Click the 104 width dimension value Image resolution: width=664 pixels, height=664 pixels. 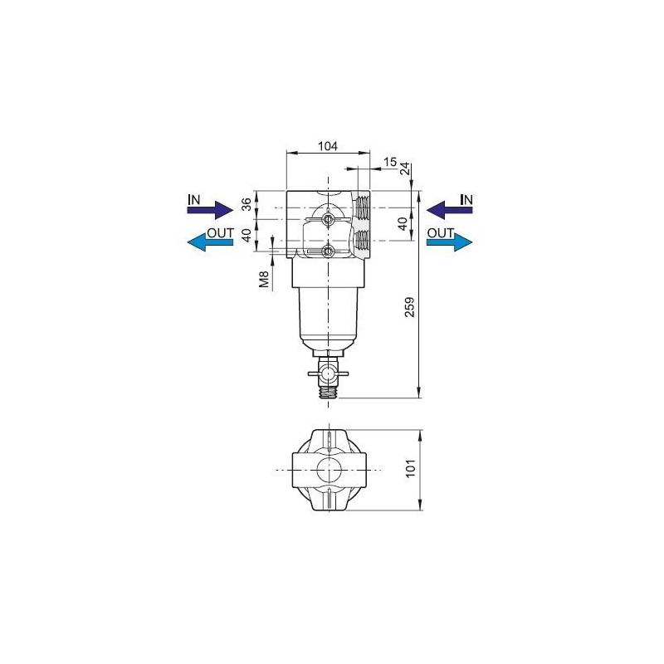pyautogui.click(x=328, y=146)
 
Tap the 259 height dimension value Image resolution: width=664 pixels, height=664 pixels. pyautogui.click(x=409, y=307)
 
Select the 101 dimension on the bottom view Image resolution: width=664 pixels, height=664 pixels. pyautogui.click(x=411, y=468)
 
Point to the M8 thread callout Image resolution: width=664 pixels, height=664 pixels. pyautogui.click(x=264, y=280)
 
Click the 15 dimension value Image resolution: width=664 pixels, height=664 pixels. pyautogui.click(x=390, y=162)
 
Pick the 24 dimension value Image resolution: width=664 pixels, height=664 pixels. pyautogui.click(x=405, y=168)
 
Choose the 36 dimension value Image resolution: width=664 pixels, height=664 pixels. pyautogui.click(x=247, y=203)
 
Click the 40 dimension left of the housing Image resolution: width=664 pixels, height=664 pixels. pyautogui.click(x=247, y=234)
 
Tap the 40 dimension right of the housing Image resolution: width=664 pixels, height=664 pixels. pyautogui.click(x=403, y=223)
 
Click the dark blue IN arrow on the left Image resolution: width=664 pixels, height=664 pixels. pyautogui.click(x=210, y=210)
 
